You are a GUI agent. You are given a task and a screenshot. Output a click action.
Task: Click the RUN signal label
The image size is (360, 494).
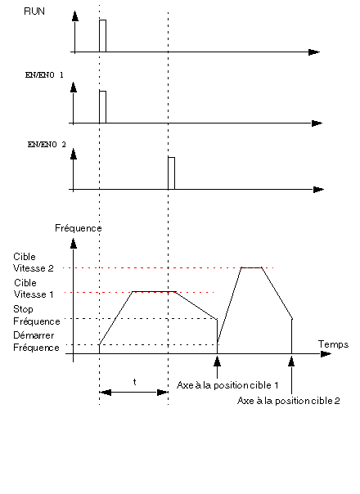pos(34,11)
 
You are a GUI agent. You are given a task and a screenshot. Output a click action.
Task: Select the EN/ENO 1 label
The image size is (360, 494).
pos(44,75)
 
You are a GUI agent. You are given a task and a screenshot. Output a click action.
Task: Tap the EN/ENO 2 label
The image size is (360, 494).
pos(47,145)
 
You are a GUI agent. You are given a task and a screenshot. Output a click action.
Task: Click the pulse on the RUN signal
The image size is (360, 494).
pos(102,36)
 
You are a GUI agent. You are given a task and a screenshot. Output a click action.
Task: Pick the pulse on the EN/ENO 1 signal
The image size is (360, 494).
pos(102,107)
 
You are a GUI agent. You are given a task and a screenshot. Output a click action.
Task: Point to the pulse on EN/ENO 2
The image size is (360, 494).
pos(171,173)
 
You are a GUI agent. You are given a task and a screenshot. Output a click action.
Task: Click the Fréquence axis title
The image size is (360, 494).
pos(79,228)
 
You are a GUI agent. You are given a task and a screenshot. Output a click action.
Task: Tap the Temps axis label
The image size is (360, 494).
pos(333,344)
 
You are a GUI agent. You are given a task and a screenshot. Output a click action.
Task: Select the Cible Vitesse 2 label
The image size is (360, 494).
pos(34,262)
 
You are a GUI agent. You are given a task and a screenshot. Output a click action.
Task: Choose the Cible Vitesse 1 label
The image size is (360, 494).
pos(34,288)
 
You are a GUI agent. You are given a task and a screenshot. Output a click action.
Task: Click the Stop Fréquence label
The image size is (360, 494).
pos(37,315)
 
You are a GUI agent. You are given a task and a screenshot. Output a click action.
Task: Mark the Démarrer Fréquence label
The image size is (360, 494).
pos(36,341)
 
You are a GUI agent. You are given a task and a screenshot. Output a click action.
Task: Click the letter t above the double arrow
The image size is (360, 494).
pos(135,382)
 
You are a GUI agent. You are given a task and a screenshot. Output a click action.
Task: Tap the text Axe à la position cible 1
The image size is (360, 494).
pos(227,385)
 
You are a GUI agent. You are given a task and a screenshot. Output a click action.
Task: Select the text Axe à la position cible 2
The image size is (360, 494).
pos(289,401)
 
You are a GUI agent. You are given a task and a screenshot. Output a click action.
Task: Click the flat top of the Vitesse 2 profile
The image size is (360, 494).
pos(251,267)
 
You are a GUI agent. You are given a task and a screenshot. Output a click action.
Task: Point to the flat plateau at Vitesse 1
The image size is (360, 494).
pos(154,292)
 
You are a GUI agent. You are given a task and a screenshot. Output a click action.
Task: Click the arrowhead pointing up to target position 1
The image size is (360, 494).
pos(217,361)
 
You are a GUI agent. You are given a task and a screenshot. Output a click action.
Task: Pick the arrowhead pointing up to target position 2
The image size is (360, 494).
pos(291,361)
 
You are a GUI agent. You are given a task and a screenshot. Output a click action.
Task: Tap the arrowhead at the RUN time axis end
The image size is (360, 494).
pos(314,52)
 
